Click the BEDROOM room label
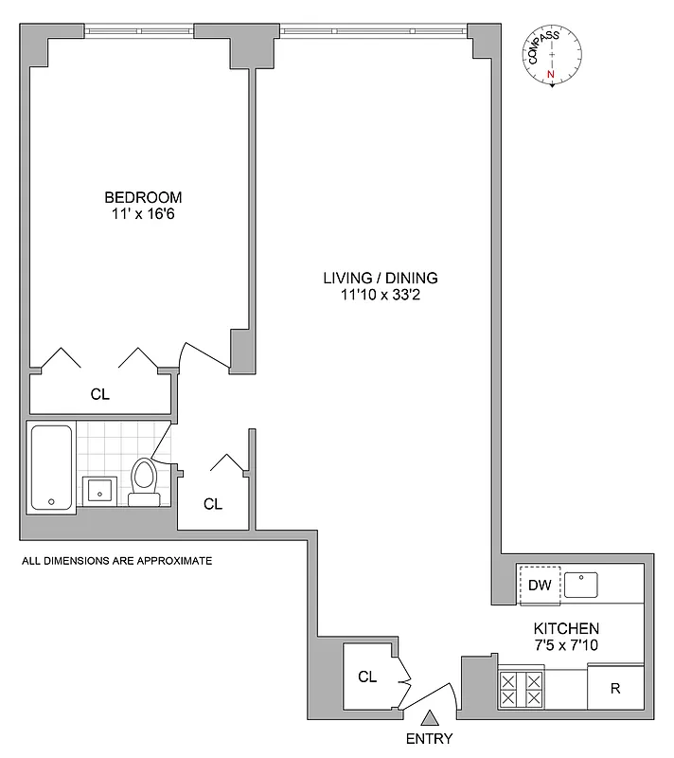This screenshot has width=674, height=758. tap(143, 197)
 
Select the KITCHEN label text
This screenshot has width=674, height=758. tap(566, 628)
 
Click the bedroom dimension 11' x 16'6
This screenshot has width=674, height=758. tap(143, 214)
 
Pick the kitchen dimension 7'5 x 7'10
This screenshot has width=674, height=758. tap(566, 645)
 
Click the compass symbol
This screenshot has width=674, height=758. tap(554, 59)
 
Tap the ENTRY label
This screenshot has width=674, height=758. tap(429, 739)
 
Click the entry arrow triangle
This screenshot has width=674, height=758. tap(429, 719)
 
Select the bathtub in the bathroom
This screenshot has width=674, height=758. tap(51, 467)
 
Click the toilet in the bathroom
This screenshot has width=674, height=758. tap(144, 479)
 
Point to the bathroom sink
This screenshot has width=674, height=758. tap(99, 490)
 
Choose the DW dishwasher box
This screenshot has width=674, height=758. tap(540, 585)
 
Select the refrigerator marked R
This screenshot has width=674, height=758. tap(614, 688)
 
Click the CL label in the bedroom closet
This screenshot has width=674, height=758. tap(99, 394)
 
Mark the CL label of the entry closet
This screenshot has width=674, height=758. tap(367, 677)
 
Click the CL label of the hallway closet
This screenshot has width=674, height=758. tap(213, 504)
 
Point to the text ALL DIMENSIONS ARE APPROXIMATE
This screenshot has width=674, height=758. tap(116, 561)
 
